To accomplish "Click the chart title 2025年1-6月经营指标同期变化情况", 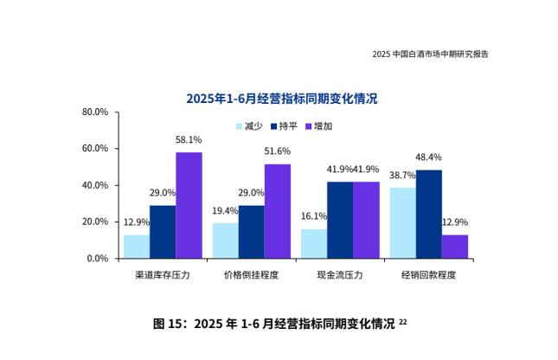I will [282, 99].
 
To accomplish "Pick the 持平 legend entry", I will [284, 126].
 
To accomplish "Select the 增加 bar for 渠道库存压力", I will [189, 205].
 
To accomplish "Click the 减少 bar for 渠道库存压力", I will [136, 247].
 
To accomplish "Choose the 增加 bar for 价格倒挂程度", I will [277, 211].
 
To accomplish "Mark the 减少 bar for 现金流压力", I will [313, 243].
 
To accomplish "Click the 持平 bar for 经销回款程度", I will [428, 214].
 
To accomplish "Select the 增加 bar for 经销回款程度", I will [454, 247].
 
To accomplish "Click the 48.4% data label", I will [428, 157].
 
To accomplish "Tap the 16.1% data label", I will [313, 216].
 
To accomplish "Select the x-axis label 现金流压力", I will [340, 274].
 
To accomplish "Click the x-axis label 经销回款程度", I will [428, 274].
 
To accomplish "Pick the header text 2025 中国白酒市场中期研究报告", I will [430, 55].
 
